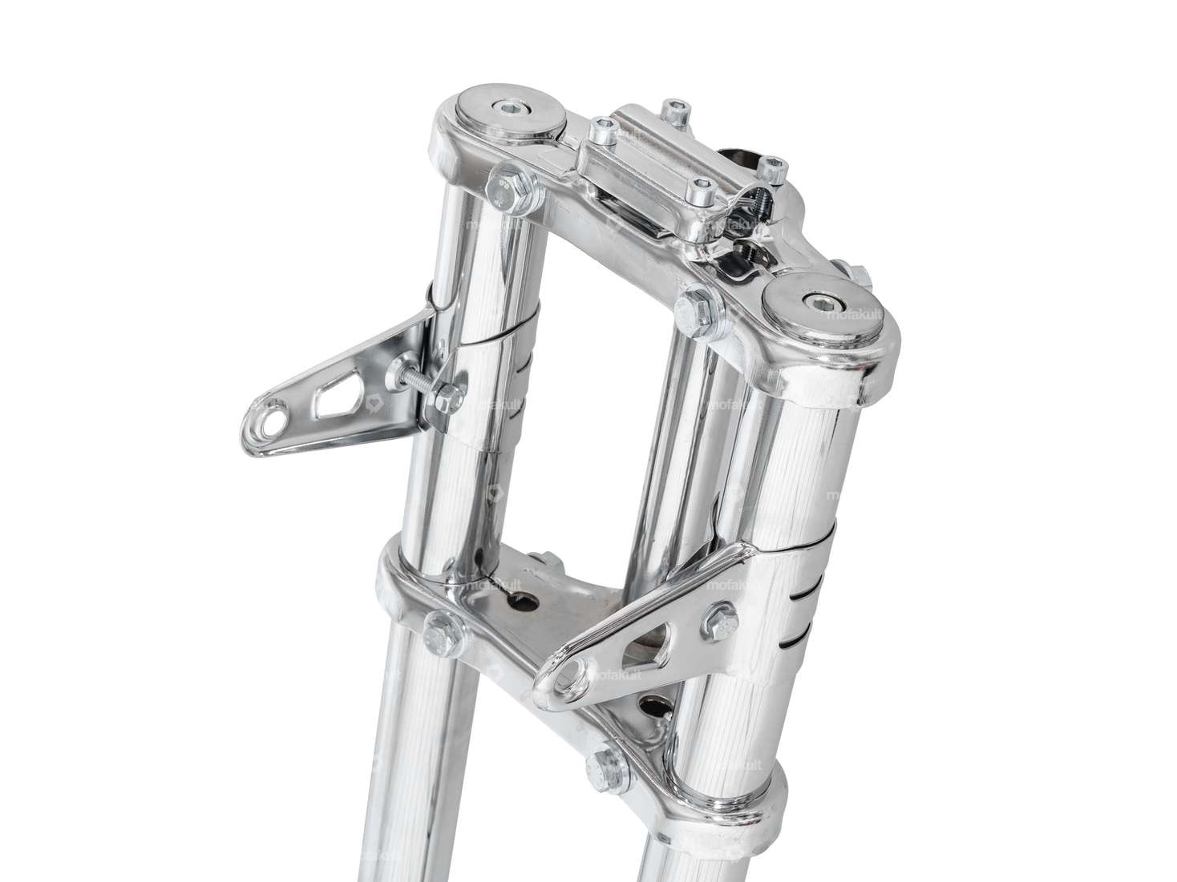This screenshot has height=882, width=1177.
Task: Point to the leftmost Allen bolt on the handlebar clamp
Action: coord(600,127)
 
